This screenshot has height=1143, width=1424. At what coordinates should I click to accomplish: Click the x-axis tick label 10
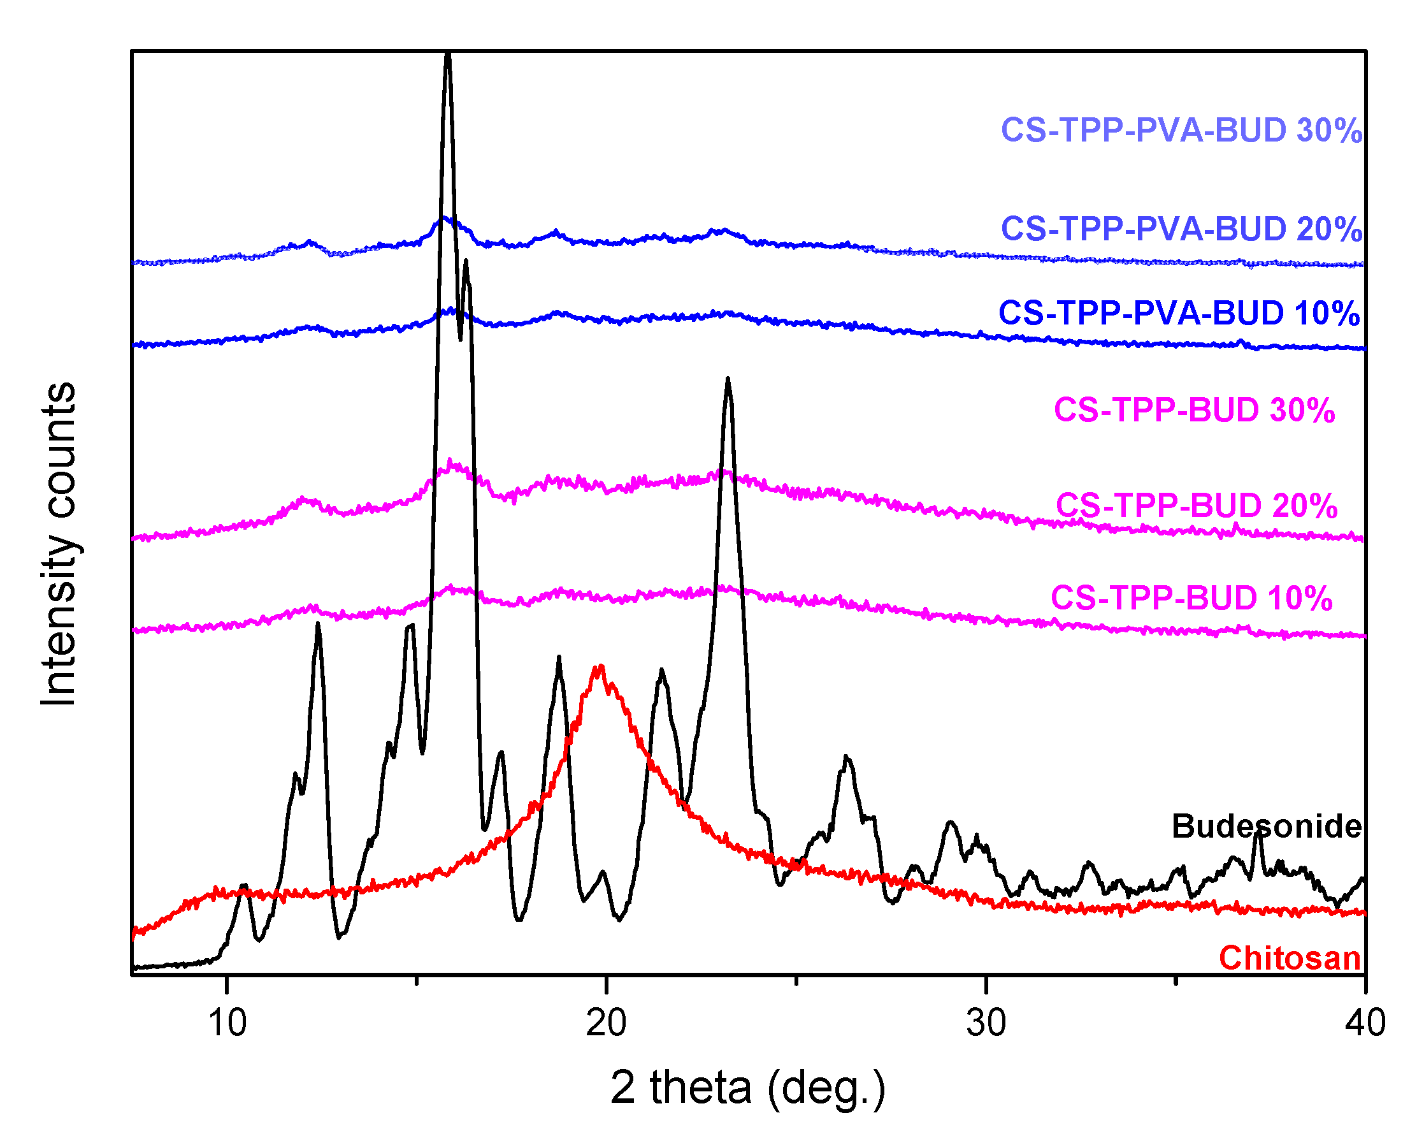click(x=227, y=1023)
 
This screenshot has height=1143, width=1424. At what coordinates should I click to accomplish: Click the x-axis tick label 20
click(x=607, y=1023)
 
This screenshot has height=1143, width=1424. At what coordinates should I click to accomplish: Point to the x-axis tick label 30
click(x=986, y=1023)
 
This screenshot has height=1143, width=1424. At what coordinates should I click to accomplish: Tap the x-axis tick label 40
click(x=1365, y=1023)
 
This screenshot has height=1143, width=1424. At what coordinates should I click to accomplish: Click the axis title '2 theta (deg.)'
click(x=747, y=1088)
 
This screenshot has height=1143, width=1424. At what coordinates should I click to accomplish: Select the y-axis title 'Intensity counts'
click(x=59, y=544)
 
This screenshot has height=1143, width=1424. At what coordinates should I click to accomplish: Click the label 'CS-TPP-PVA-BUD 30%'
click(x=1182, y=130)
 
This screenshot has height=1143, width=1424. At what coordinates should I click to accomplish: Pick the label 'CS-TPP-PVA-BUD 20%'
click(x=1182, y=229)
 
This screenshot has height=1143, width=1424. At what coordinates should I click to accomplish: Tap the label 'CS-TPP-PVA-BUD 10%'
click(x=1179, y=313)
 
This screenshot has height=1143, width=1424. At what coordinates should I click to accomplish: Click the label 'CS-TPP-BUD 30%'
click(x=1194, y=411)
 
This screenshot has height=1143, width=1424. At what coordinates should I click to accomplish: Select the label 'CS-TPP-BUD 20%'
click(x=1196, y=506)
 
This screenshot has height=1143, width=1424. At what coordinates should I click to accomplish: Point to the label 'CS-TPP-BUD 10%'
click(x=1191, y=598)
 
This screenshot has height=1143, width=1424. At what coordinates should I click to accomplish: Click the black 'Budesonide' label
click(x=1266, y=827)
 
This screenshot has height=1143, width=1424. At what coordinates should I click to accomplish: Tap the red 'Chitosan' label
click(x=1290, y=958)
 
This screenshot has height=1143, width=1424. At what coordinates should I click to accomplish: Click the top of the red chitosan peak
click(x=600, y=667)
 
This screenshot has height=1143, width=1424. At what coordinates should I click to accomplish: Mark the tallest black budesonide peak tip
click(x=448, y=54)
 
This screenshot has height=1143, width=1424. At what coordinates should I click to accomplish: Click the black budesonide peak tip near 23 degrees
click(x=727, y=379)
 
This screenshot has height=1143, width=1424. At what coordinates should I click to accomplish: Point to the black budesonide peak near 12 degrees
click(x=319, y=624)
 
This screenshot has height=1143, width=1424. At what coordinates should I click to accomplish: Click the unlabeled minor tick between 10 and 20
click(x=417, y=980)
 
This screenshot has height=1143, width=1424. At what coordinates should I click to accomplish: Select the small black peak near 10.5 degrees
click(x=245, y=885)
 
